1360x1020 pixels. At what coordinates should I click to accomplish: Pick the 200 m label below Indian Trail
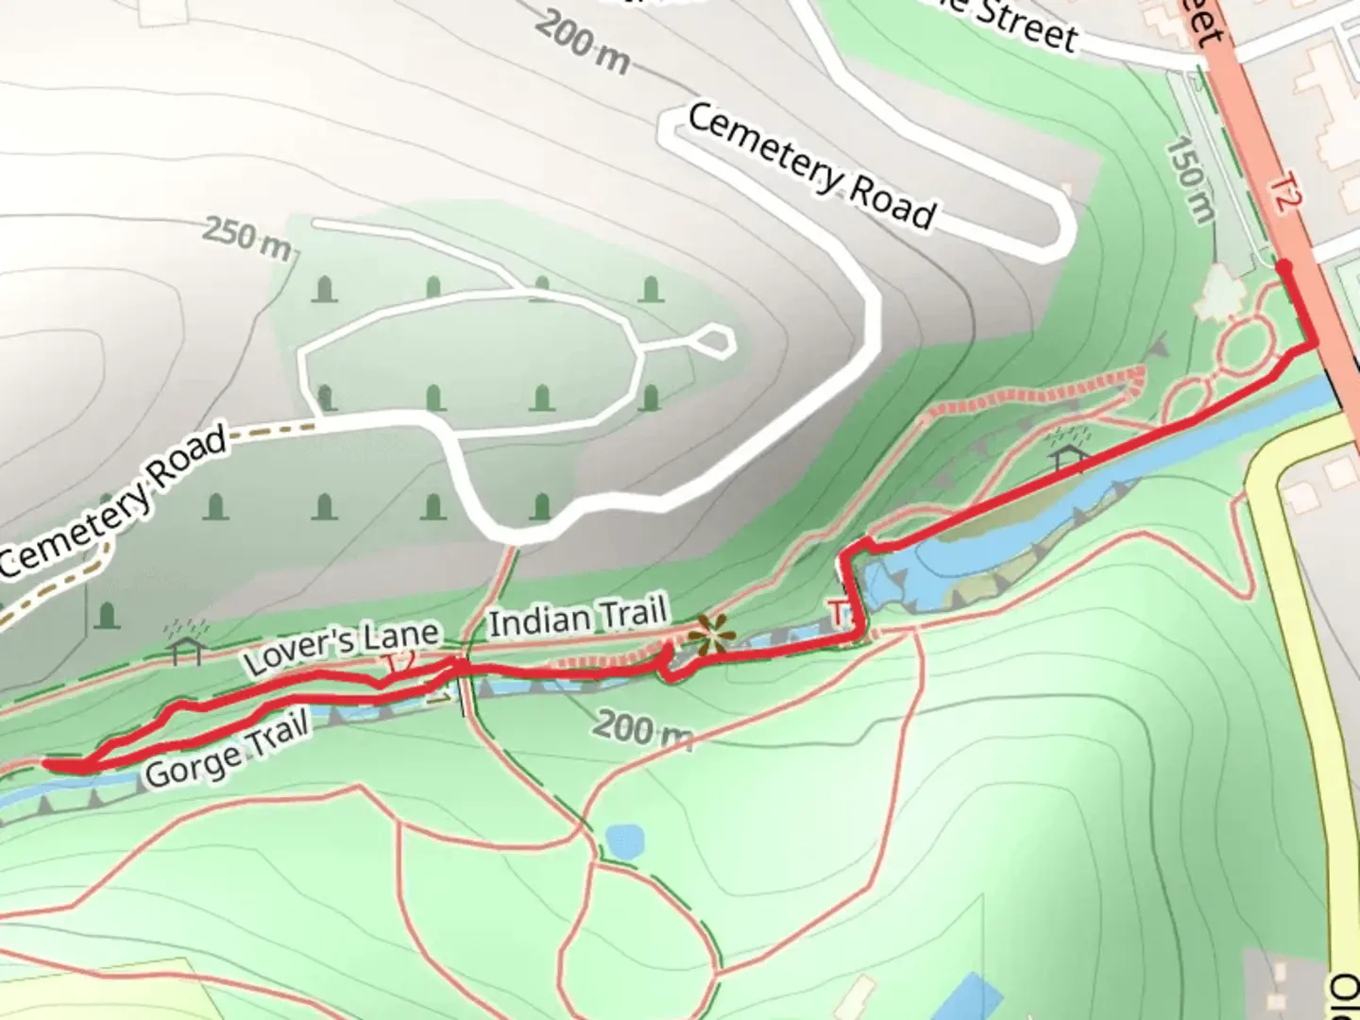point(641,729)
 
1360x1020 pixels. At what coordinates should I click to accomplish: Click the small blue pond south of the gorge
point(624,840)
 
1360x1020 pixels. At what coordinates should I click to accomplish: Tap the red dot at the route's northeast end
point(1284,268)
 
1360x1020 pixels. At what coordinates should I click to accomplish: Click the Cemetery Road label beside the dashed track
point(113,501)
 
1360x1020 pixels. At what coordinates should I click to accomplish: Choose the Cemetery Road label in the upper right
point(811,166)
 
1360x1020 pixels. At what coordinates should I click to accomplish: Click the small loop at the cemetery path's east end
point(716,340)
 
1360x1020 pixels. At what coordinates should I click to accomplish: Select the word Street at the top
point(1025,23)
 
